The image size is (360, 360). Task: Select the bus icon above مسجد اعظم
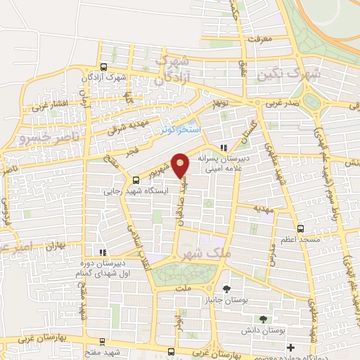301,229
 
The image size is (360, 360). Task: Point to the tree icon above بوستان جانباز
226,289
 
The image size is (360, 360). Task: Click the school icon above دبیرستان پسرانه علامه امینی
224,148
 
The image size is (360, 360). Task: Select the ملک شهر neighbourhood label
200,254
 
